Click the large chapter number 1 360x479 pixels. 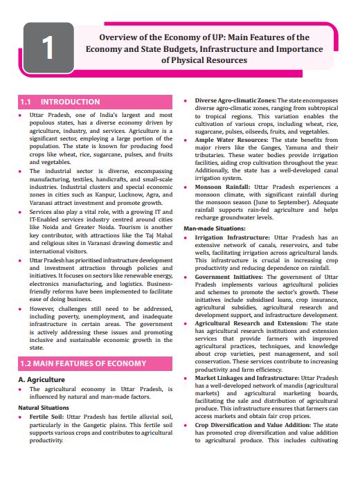click(x=47, y=48)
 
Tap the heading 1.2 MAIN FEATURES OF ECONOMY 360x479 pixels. click(x=83, y=363)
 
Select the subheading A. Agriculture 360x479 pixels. click(x=41, y=379)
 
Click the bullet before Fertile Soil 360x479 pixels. click(x=21, y=419)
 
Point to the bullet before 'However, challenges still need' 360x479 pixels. click(x=21, y=307)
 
